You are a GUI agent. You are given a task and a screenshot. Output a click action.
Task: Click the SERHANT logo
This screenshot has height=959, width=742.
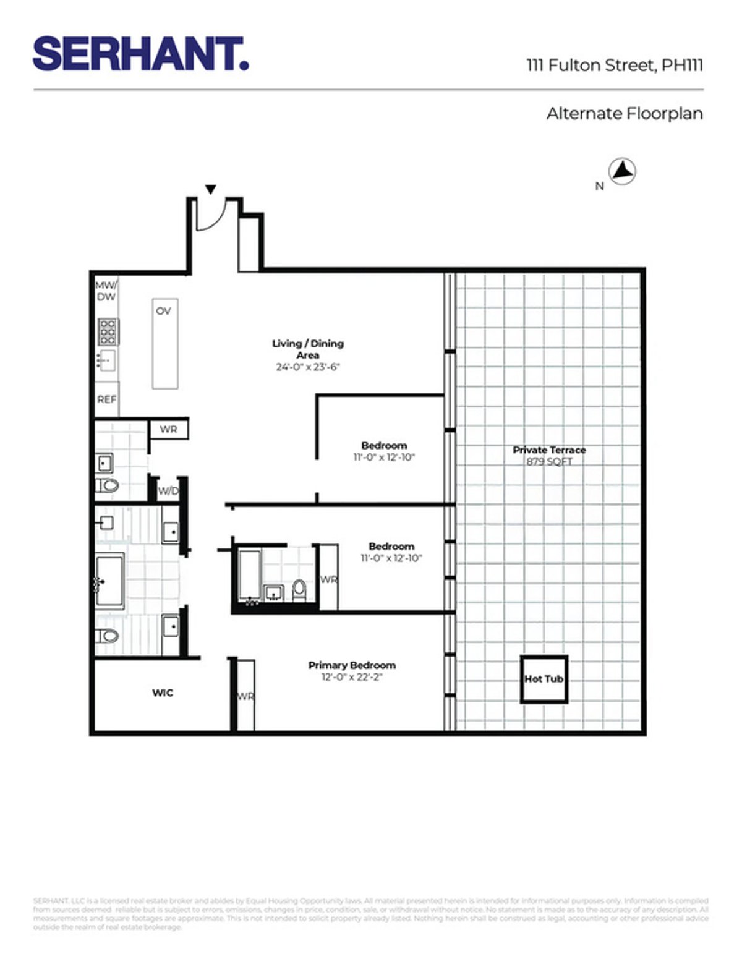click(x=141, y=54)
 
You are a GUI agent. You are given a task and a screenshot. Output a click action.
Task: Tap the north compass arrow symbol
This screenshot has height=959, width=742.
click(x=623, y=171)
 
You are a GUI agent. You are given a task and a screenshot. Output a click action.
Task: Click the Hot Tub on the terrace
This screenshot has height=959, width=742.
click(x=544, y=679)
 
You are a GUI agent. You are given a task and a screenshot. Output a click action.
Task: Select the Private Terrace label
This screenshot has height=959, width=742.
click(x=549, y=450)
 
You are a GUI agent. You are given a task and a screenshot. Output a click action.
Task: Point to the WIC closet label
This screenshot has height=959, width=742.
click(x=163, y=693)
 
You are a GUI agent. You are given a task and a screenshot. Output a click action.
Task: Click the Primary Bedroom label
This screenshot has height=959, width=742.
click(x=352, y=665)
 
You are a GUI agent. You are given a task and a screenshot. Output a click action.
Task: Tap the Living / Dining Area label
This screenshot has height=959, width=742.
click(x=308, y=349)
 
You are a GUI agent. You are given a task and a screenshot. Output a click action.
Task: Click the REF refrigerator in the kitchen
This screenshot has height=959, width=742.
click(x=106, y=399)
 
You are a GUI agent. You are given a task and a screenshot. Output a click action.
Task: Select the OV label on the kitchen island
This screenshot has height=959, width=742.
click(x=163, y=311)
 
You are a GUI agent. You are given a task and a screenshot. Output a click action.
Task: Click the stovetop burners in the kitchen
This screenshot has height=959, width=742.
click(x=108, y=331)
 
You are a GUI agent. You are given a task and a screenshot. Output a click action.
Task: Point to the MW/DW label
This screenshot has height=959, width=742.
click(x=105, y=291)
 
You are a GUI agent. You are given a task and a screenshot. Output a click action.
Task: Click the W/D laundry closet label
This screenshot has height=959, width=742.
click(x=168, y=492)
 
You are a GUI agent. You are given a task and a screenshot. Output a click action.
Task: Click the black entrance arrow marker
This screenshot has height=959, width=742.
click(x=211, y=189)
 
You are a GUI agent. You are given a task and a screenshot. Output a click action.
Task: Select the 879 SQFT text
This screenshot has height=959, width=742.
click(x=549, y=462)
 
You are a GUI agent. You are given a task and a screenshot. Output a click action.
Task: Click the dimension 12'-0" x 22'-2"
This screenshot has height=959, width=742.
click(x=352, y=678)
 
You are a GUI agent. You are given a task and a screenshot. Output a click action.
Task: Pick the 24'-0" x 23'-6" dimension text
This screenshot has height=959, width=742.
click(x=308, y=367)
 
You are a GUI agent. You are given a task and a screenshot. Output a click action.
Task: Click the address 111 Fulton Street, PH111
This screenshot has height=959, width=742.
click(x=615, y=65)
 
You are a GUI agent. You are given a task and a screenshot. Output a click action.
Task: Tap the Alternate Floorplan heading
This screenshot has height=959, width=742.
click(x=625, y=114)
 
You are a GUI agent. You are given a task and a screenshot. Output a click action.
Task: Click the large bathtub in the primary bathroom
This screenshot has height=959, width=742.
click(x=110, y=581)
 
